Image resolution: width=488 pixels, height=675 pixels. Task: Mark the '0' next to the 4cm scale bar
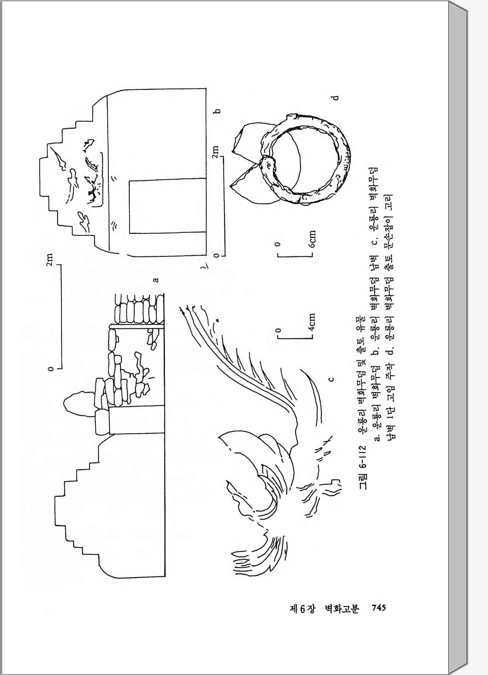(x=277, y=330)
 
